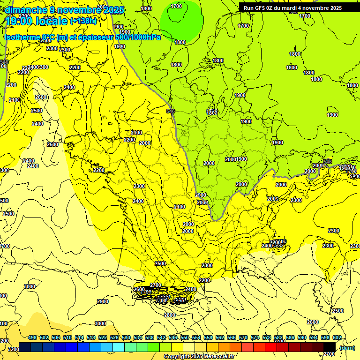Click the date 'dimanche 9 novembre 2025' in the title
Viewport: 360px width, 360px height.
tap(64, 10)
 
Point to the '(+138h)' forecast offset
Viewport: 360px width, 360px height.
tap(83, 21)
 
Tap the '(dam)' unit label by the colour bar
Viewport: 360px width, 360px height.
tap(347, 347)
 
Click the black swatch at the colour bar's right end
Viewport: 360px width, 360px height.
tap(330, 346)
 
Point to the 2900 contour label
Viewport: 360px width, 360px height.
tap(102, 301)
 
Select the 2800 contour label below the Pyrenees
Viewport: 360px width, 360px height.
tap(170, 315)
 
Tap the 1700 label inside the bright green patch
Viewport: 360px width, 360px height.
tap(176, 6)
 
